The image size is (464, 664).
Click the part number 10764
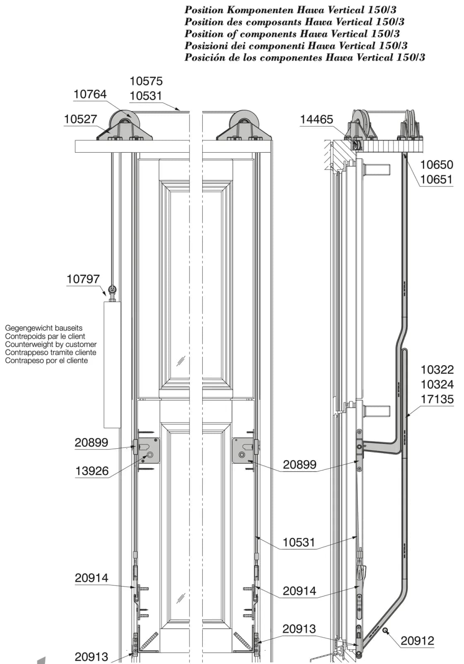[90, 94]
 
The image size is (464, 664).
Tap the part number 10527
[80, 119]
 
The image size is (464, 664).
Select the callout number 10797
[83, 279]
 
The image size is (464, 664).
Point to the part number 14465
[317, 120]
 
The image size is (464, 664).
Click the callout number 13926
[92, 471]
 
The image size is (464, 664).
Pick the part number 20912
[417, 641]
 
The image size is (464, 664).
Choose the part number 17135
[437, 399]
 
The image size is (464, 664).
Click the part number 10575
[146, 81]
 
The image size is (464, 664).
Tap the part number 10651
[437, 179]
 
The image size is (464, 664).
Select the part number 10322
[437, 370]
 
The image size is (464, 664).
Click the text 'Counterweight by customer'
[51, 344]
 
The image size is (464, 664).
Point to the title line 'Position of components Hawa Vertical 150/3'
[292, 34]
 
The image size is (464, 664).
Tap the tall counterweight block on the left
[112, 364]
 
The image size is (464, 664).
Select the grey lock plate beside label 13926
[149, 450]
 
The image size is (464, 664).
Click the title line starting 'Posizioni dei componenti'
[296, 46]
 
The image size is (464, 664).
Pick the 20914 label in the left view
[92, 578]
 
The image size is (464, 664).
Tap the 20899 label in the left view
[92, 442]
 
